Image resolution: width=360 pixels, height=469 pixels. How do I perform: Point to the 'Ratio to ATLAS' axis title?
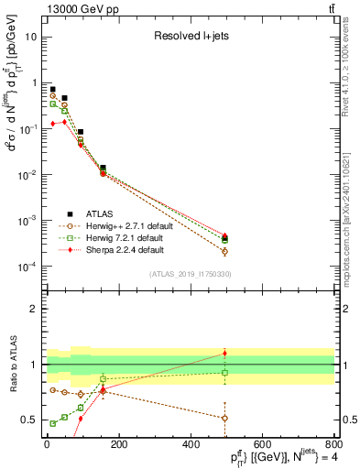tap(12, 365)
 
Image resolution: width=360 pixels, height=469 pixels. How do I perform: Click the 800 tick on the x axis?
tap(333, 444)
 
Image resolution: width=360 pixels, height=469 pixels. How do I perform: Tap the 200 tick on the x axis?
tap(118, 444)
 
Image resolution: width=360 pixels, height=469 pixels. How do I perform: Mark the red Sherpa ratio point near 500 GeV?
tap(224, 353)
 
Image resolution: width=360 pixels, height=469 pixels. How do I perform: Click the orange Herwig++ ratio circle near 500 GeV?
tap(224, 418)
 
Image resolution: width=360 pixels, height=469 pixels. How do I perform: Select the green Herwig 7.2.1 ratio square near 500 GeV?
tap(224, 373)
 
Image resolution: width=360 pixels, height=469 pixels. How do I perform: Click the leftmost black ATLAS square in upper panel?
tap(52, 89)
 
